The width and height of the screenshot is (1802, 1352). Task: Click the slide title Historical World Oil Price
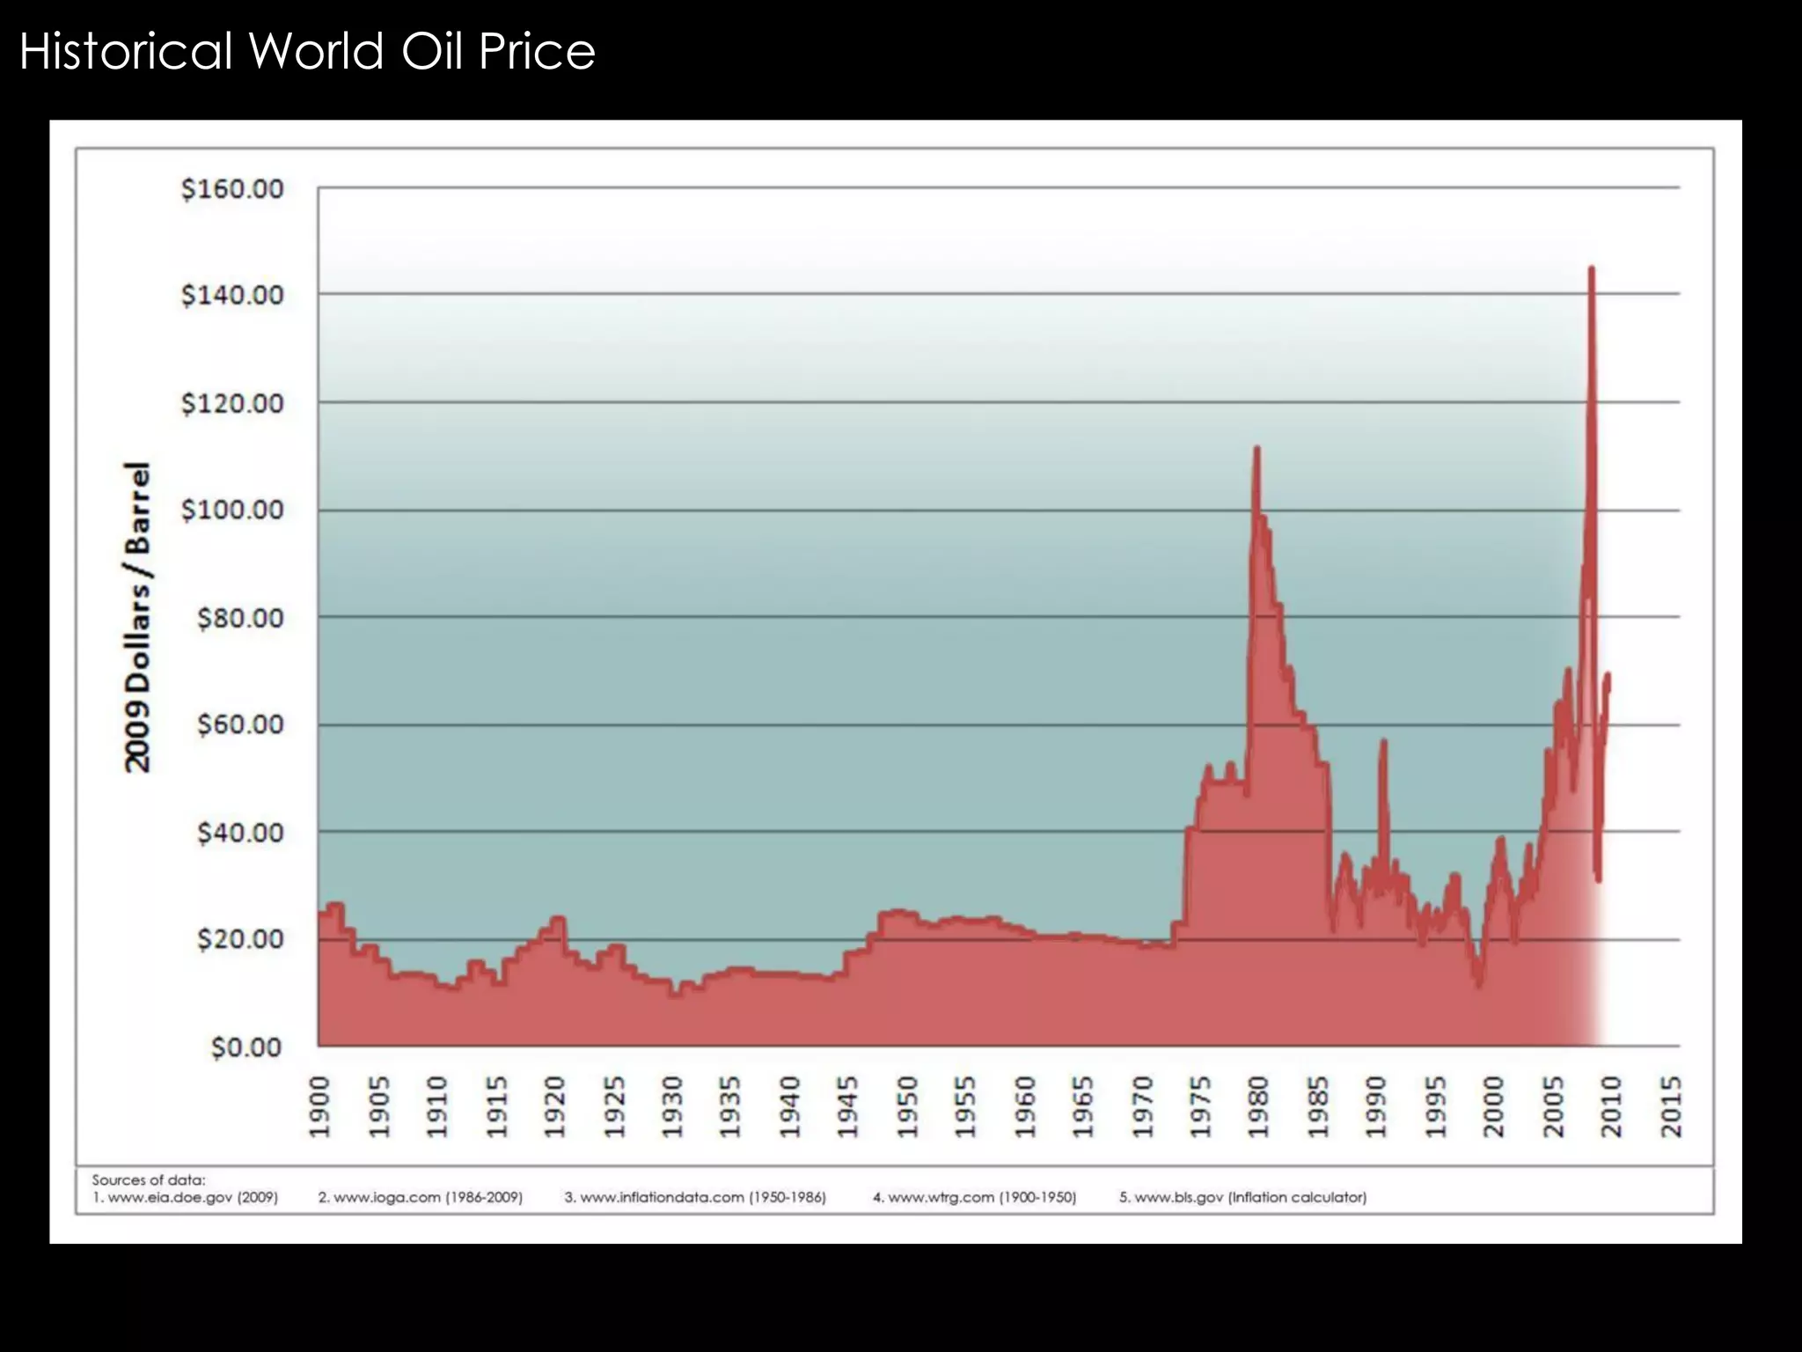coord(307,51)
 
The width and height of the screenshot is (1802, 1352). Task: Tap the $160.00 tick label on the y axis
coord(232,189)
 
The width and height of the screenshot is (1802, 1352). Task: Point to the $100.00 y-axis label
coord(232,510)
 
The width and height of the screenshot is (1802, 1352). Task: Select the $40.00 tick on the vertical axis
coord(240,832)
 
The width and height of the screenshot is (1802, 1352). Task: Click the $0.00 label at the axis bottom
coord(246,1047)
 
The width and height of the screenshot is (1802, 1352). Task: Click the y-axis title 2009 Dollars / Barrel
coord(138,616)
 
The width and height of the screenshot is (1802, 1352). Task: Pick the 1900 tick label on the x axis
coord(319,1106)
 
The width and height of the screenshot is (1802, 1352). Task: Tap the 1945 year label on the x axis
coord(847,1106)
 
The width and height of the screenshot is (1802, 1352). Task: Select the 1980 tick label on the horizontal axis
coord(1258,1106)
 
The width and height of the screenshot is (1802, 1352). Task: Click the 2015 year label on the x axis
coord(1670,1106)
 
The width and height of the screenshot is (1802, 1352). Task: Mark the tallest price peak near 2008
coord(1591,269)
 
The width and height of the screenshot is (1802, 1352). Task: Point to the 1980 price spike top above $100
coord(1256,449)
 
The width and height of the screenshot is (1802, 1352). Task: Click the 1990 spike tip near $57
coord(1383,742)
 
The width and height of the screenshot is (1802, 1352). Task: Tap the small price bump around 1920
coord(556,920)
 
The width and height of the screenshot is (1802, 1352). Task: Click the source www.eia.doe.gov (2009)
coord(185,1197)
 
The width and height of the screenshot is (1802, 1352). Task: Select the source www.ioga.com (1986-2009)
coord(420,1197)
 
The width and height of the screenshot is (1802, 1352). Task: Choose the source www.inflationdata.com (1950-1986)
coord(695,1197)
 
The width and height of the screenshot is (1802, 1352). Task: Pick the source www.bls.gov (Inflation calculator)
coord(1242,1197)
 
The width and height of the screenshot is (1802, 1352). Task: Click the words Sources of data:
coord(148,1180)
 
